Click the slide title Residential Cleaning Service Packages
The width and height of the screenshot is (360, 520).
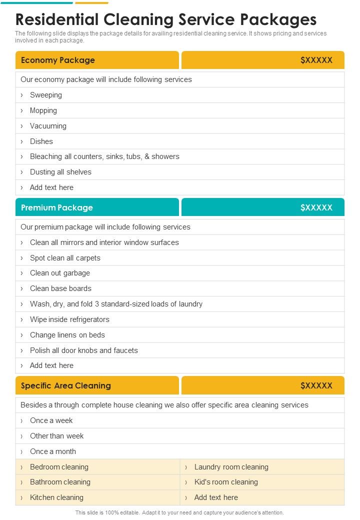point(166,19)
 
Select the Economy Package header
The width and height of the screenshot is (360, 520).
point(58,60)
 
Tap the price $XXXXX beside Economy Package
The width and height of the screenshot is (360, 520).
point(316,60)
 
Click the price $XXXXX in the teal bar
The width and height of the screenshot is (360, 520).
point(316,207)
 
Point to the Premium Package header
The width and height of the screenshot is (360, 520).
point(57,207)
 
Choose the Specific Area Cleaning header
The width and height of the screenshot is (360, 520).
point(66,385)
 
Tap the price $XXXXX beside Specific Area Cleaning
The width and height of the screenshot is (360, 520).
point(316,385)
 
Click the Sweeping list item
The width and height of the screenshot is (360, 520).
point(46,95)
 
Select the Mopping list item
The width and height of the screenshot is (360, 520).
point(43,110)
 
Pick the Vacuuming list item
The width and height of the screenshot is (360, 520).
point(48,126)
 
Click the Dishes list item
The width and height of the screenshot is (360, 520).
point(41,141)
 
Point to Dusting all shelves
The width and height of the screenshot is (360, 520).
point(60,172)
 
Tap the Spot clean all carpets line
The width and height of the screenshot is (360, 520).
point(65,258)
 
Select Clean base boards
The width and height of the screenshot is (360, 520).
point(60,288)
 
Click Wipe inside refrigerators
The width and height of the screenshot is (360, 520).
point(69,319)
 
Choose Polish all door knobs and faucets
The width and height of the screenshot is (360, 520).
point(83,350)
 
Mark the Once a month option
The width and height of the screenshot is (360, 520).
point(53,451)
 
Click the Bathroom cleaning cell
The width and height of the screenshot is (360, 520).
point(60,482)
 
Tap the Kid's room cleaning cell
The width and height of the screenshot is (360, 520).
point(226,482)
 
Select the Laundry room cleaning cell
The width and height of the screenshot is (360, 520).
point(231,467)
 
